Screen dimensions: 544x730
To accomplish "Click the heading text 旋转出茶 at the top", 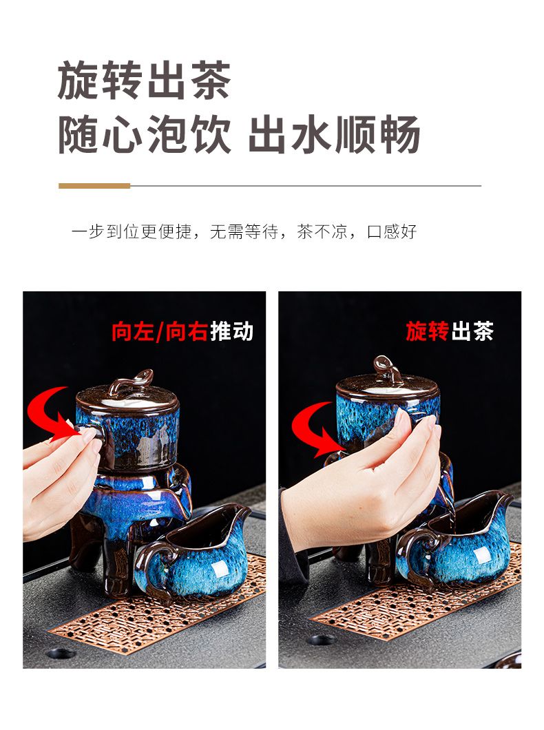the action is point(144,81).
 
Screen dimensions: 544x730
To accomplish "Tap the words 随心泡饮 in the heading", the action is point(144,134).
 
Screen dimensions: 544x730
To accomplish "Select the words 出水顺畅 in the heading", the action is point(335,134).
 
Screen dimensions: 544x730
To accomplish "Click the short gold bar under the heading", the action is point(94,186).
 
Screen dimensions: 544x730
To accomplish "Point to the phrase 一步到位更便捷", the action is point(132,231).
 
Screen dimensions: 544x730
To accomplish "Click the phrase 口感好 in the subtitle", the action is point(392,231).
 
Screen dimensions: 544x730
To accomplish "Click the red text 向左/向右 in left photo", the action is point(160,332).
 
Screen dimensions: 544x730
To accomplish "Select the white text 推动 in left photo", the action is point(232,332).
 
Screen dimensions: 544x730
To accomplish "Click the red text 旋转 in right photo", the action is point(427,331).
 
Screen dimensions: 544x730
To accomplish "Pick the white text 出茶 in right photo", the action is point(472,331).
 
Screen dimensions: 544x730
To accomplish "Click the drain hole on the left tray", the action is point(61,653).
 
